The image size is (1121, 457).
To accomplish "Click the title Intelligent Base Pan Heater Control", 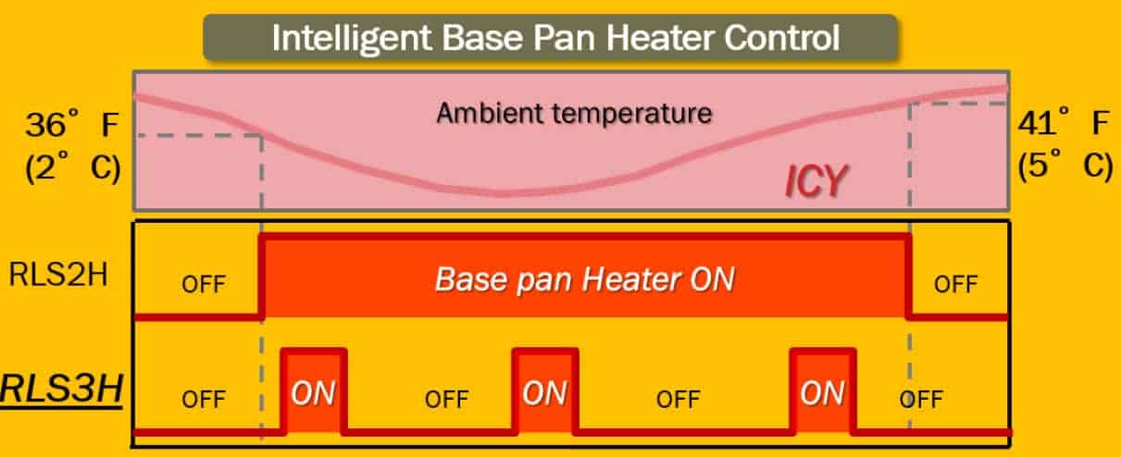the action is (556, 39).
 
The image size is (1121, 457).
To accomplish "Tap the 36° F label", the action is (72, 123).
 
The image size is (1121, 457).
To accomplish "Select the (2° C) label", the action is (73, 167).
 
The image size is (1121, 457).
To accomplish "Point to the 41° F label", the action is (1064, 121).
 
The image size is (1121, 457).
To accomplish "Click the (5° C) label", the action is (1065, 166).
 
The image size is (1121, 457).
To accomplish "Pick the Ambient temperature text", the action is (574, 113).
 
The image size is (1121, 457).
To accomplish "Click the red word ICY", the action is (816, 181).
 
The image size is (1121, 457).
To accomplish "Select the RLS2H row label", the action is (58, 274).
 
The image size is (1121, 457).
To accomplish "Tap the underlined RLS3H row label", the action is (61, 389).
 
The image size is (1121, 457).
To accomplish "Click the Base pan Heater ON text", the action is (585, 279).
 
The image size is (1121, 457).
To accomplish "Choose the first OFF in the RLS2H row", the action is (203, 284).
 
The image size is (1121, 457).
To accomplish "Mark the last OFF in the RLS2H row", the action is (955, 284).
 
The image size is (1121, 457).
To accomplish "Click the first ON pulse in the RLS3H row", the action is (314, 391).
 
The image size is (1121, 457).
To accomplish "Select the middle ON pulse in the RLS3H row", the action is (545, 391).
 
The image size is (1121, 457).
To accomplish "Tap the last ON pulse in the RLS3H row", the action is (823, 391).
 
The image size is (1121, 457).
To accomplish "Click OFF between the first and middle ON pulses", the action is (446, 399).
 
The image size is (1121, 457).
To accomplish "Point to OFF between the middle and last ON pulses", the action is (679, 399).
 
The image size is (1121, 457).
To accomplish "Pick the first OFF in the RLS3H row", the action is (203, 399).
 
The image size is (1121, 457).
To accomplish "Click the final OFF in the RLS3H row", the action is (921, 399).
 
